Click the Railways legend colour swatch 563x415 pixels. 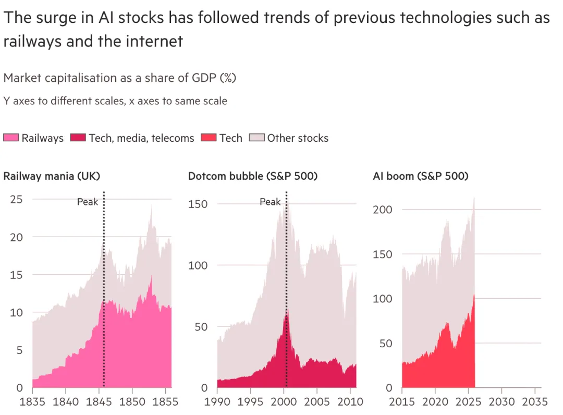coord(11,138)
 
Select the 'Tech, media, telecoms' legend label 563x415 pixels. coord(141,138)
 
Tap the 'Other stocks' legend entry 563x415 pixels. coord(298,138)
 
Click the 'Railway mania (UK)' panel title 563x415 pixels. coord(52,176)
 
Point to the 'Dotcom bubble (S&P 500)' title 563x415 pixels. coord(253,176)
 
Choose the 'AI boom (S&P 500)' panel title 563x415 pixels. coord(421,176)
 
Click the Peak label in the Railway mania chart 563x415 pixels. coord(88,202)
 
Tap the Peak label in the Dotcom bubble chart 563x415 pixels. coord(270,202)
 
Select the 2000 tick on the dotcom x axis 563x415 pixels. coord(284,402)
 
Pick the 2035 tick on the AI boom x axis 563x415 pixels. coord(534,402)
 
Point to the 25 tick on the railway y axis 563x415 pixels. coord(17,199)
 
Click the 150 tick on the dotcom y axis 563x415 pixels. coord(198,204)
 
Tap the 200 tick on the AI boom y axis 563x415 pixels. coord(383,210)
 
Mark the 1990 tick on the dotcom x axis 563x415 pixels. coord(217,402)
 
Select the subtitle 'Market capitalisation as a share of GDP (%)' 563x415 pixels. coord(120,78)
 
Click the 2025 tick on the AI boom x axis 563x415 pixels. coord(468,402)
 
